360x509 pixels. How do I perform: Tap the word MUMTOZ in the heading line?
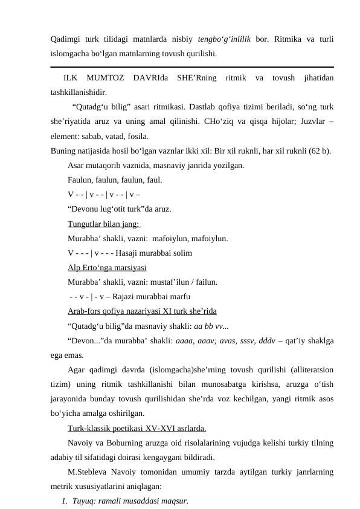(107, 79)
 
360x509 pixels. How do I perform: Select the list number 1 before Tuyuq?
(64, 501)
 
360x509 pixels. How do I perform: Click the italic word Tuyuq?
(82, 501)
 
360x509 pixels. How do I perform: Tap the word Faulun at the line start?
(80, 180)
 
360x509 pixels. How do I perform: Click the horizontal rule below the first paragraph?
(192, 67)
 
